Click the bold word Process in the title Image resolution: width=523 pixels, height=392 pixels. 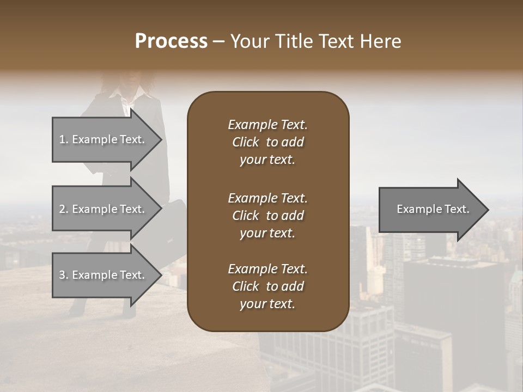[x=171, y=41]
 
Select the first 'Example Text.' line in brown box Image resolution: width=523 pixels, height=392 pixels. [x=267, y=125]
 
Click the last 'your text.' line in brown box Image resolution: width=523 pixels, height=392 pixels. [x=267, y=304]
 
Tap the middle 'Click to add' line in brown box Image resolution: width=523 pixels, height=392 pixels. [x=267, y=216]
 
